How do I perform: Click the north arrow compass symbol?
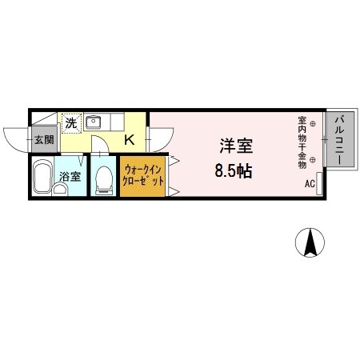[x=310, y=242]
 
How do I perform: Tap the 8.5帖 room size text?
[x=233, y=171]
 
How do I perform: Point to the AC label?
[x=310, y=184]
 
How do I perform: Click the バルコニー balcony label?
[x=339, y=141]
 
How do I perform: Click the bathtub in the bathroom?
[x=42, y=179]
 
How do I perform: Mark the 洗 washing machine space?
[x=71, y=124]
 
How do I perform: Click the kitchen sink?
[x=93, y=122]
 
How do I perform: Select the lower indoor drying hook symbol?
[x=313, y=166]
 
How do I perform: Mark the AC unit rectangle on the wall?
[x=319, y=182]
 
